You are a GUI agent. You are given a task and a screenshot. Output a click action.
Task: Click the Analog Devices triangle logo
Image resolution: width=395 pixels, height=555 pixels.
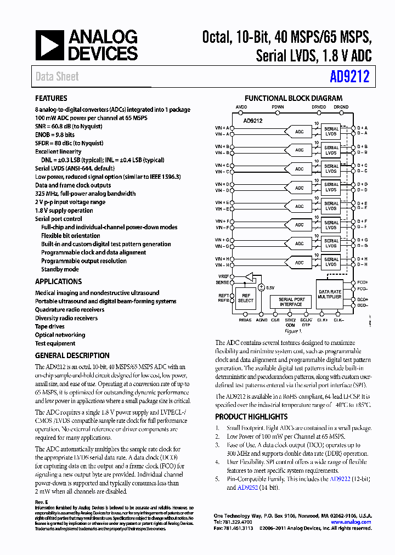[x=49, y=46]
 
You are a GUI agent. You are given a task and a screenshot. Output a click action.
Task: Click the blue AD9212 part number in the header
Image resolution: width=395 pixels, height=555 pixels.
[x=349, y=77]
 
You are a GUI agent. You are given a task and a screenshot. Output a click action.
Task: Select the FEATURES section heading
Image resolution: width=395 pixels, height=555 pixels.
[x=51, y=99]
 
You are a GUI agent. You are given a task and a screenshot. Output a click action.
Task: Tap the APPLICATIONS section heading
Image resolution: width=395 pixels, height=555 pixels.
[x=58, y=281]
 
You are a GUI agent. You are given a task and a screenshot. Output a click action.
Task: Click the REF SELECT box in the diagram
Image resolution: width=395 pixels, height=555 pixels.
[x=245, y=297]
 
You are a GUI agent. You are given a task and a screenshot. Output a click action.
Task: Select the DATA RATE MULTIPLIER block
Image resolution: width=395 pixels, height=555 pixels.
[x=330, y=294]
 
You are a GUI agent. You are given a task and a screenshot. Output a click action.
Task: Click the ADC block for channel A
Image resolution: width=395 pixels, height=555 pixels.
[x=299, y=132]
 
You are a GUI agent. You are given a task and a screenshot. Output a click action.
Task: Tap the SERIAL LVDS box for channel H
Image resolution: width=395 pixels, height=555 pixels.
[x=331, y=262]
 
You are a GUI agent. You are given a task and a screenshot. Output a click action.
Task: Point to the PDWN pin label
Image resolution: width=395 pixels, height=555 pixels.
[x=278, y=107]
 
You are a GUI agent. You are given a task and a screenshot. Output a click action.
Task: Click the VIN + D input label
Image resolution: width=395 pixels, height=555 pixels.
[x=222, y=184]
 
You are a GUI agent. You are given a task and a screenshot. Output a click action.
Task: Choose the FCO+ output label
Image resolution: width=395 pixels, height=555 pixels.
[x=363, y=282]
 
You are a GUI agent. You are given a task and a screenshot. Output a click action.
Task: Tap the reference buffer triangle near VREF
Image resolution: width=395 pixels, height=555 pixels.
[x=250, y=276]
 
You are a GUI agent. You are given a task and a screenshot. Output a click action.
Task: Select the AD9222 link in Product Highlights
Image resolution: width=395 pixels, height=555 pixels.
[x=340, y=479]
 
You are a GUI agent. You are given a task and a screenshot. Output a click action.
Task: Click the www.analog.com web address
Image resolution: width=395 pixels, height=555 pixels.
[x=352, y=522]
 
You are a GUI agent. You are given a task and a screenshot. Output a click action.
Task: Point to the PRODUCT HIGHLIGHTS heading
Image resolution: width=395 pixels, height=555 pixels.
[x=251, y=417]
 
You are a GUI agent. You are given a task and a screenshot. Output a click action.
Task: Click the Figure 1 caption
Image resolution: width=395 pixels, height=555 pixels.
[x=292, y=331]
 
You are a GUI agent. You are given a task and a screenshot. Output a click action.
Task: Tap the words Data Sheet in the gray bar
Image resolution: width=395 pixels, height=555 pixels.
[x=57, y=77]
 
